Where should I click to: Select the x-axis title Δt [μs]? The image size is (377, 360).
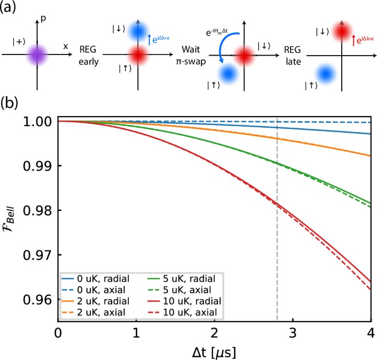[214, 351]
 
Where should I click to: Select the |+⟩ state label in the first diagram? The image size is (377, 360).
[18, 41]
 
